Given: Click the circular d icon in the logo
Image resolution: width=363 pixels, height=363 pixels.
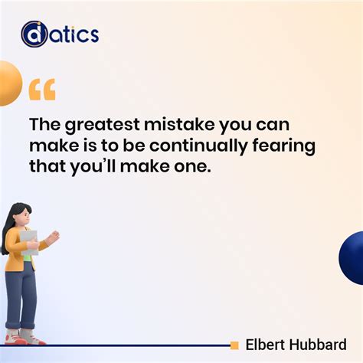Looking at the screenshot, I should click(x=34, y=34).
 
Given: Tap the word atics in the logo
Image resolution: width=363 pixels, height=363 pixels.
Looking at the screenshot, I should click(x=74, y=34).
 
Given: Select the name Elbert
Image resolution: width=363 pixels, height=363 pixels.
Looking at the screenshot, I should click(x=265, y=345).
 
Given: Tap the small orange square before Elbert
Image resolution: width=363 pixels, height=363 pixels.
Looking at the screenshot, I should click(x=234, y=345).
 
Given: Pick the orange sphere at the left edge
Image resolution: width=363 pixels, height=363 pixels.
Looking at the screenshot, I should click(x=8, y=83).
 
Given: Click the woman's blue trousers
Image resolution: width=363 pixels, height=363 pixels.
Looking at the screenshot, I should click(x=21, y=295).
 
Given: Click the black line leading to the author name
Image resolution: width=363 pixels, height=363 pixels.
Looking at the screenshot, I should click(x=138, y=345).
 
